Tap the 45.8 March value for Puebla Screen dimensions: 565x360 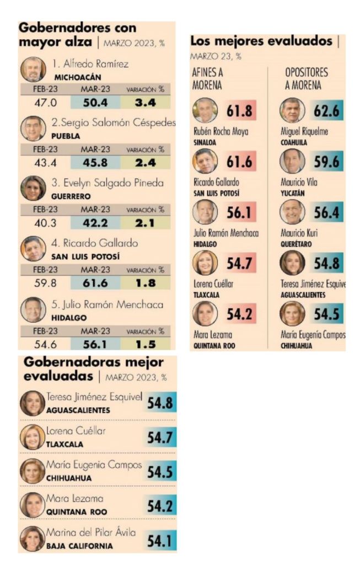[95, 163]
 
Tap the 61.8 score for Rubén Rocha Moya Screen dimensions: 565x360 [239, 111]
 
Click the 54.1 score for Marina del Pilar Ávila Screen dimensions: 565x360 [160, 539]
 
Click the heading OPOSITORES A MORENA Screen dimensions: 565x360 [306, 79]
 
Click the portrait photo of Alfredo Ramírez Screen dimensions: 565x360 [33, 69]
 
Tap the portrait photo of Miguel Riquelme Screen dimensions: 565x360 [292, 110]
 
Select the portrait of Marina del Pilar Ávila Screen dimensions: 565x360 [33, 539]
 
